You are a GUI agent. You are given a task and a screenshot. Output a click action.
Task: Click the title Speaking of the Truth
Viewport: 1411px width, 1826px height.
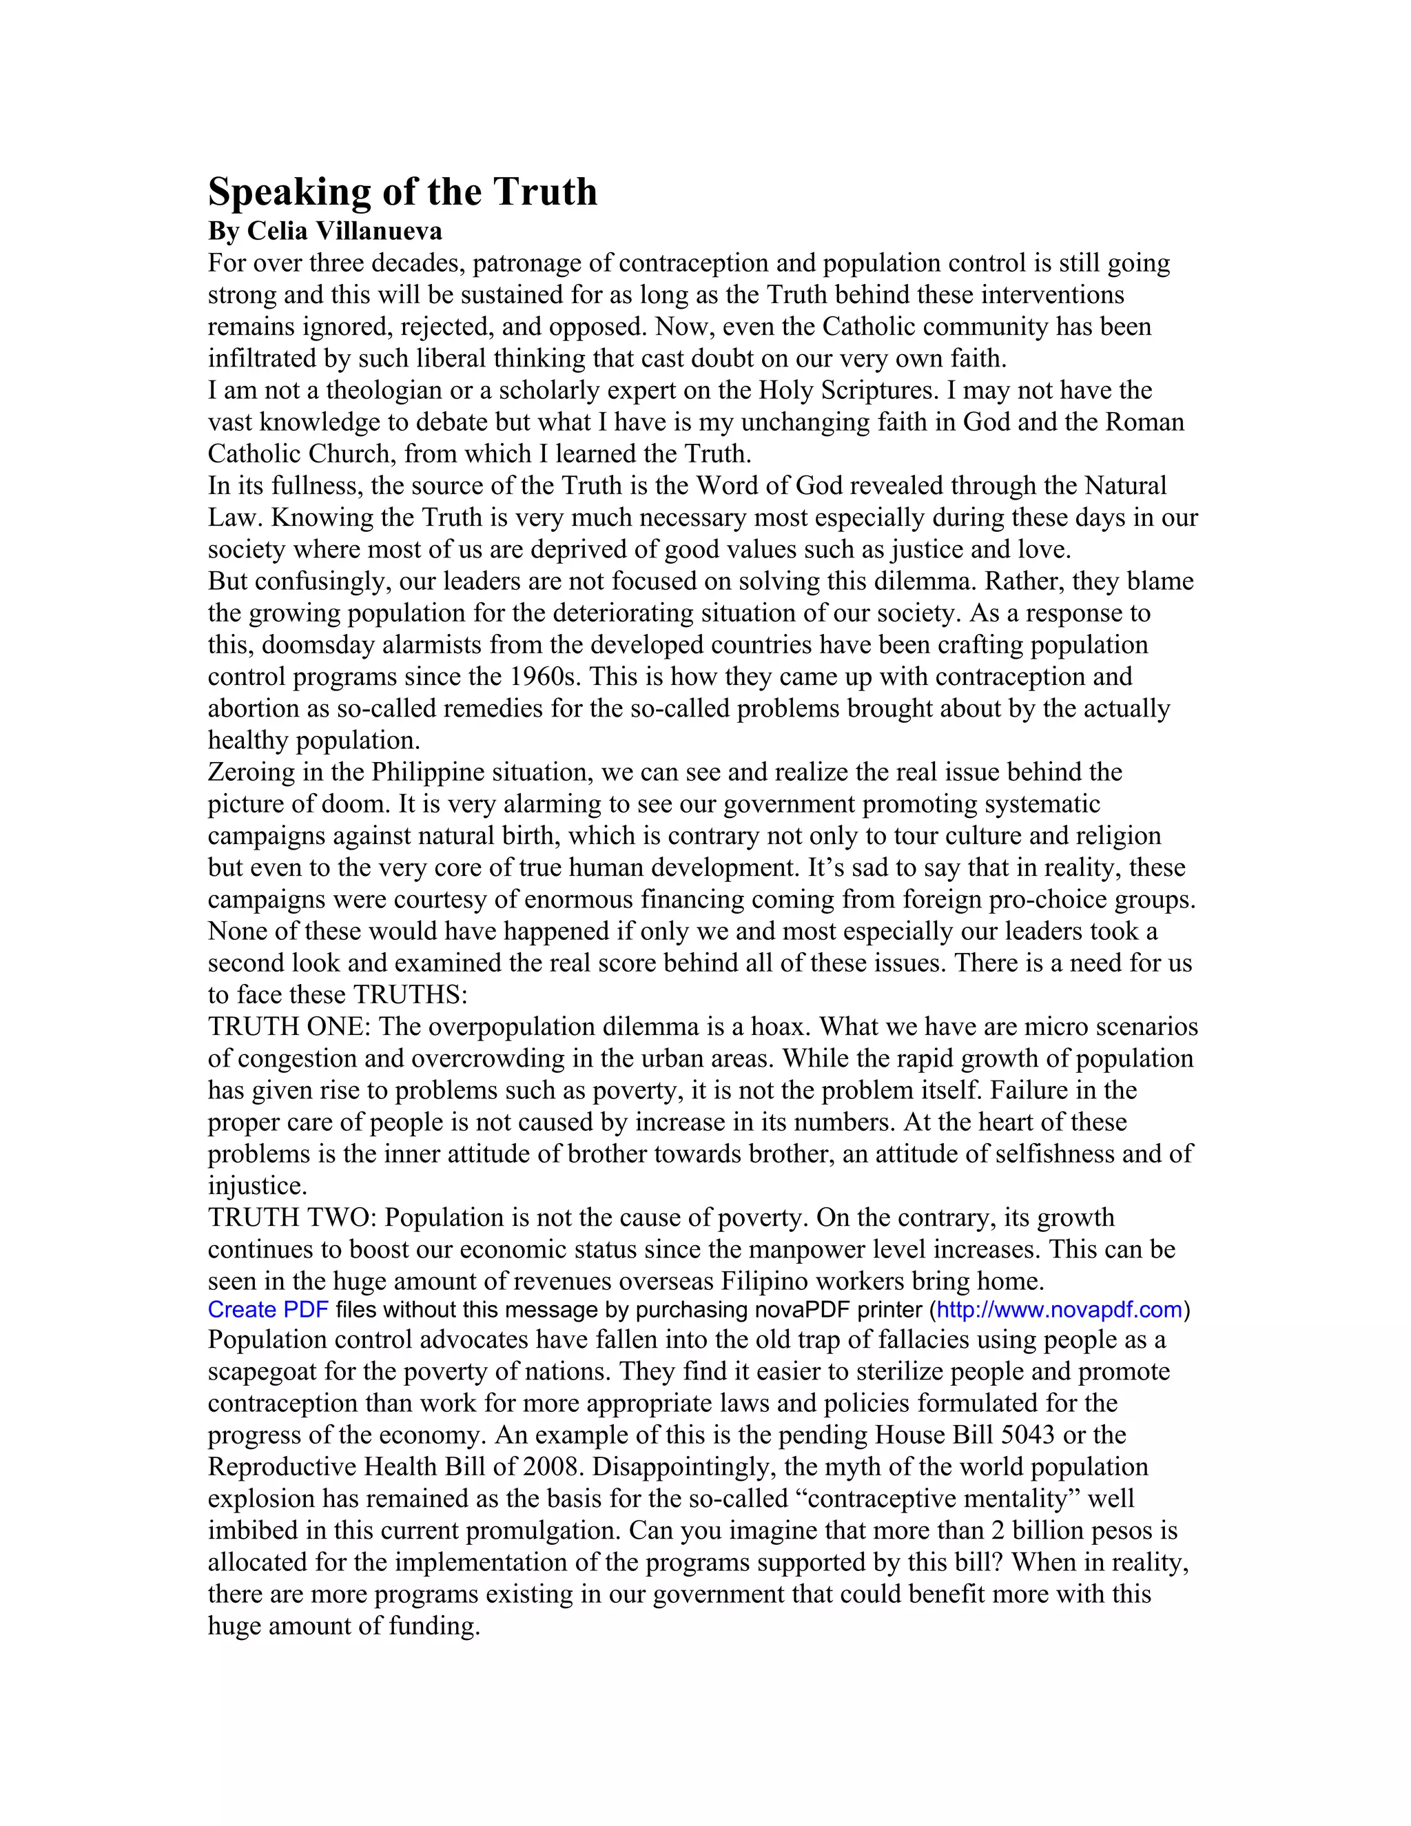[x=402, y=192]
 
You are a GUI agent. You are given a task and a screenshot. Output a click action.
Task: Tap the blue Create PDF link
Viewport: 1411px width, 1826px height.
[x=267, y=1309]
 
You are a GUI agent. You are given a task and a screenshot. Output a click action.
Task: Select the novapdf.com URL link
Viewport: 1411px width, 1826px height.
[x=1059, y=1309]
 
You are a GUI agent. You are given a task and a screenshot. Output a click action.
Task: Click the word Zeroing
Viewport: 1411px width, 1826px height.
[x=251, y=772]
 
